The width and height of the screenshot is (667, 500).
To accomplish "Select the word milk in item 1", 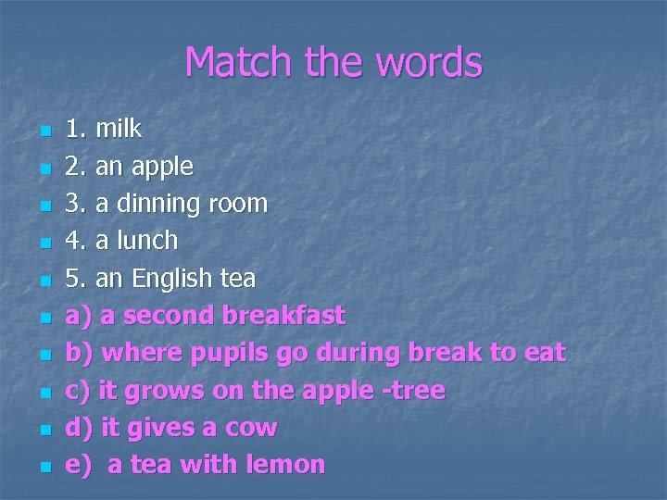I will pos(119,129).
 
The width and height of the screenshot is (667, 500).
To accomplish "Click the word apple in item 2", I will pos(163,168).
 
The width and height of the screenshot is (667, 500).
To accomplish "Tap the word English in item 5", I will pos(170,279).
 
